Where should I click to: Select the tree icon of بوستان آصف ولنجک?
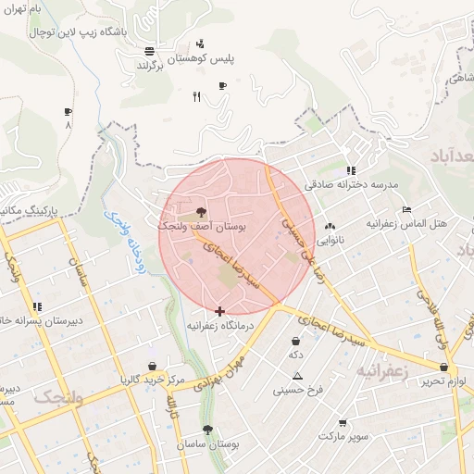201,212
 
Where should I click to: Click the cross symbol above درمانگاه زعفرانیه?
219,311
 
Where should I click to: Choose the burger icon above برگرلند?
150,51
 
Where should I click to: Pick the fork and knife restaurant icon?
195,96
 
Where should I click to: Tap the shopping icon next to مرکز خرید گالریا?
152,365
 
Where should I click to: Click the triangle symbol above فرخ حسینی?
297,376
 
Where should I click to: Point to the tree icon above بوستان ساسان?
207,430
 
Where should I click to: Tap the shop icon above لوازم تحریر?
444,368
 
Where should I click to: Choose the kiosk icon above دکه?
295,341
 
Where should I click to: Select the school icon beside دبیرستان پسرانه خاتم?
37,306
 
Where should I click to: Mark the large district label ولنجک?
59,397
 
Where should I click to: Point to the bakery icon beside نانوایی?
330,226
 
